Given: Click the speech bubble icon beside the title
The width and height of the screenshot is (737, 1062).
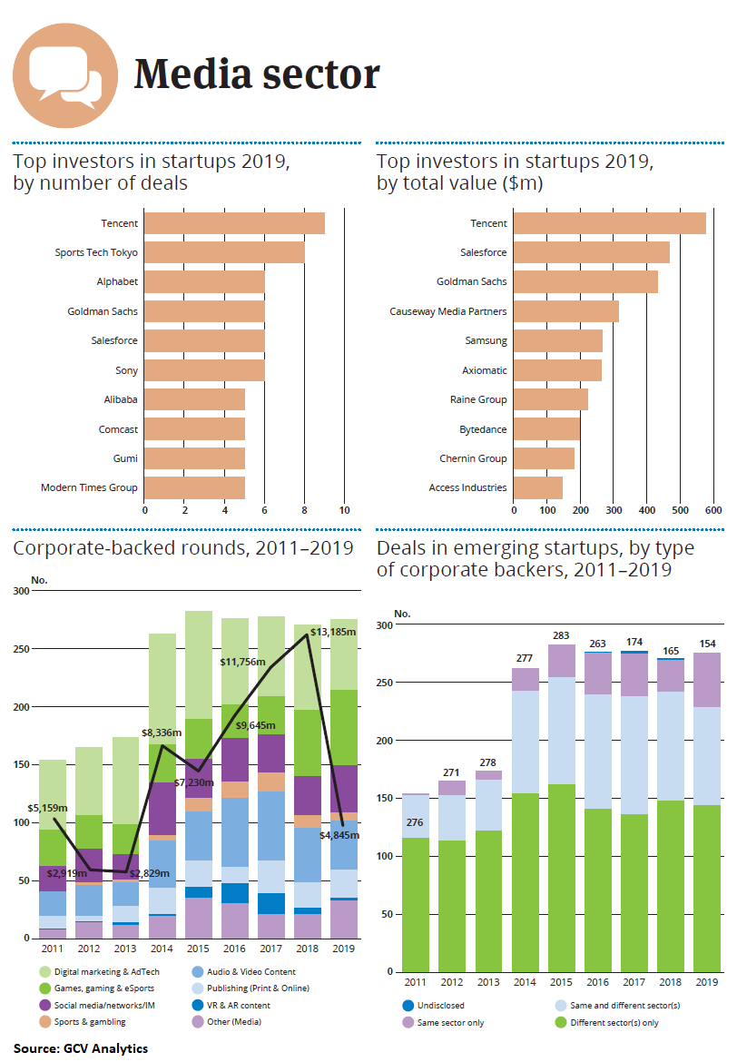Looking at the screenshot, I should click(66, 75).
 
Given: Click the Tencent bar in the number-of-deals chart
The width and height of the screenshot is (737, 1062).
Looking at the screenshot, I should click(234, 223).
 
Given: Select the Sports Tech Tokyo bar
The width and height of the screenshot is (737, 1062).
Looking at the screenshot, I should click(224, 252).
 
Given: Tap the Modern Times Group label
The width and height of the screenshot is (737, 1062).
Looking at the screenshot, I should click(89, 488).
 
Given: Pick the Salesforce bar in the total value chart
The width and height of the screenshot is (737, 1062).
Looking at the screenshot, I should click(592, 252).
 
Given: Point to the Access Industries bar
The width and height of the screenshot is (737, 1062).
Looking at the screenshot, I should click(538, 488).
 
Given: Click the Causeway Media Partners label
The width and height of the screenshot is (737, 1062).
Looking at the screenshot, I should click(447, 311).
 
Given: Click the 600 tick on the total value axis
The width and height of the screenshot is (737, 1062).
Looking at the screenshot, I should click(713, 510).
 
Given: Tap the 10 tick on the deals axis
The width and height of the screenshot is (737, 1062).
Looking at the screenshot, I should click(345, 510).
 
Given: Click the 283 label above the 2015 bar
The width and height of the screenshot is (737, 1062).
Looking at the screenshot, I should click(562, 634).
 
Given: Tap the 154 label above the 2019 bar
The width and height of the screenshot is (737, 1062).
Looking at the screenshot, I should click(707, 643).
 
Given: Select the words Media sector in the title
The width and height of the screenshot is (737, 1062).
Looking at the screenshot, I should click(257, 74).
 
